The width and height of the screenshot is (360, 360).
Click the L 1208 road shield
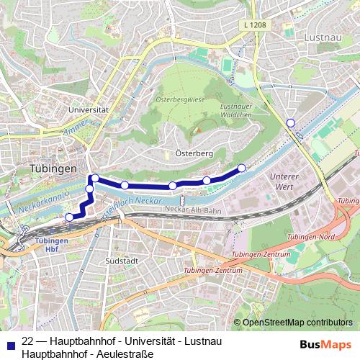255,25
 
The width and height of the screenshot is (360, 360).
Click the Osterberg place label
192,153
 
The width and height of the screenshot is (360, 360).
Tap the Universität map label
88,109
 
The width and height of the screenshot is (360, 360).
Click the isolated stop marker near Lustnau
290,123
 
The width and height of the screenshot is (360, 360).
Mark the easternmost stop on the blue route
241,168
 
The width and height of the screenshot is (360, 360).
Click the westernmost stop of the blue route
69,217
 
